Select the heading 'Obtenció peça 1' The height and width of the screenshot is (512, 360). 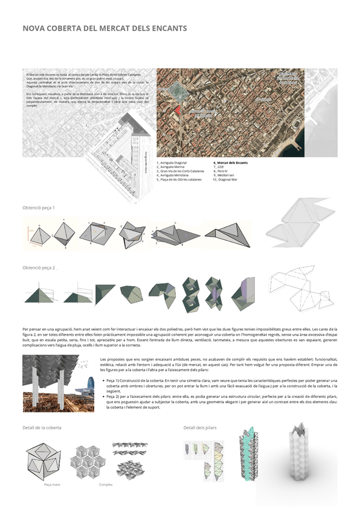pyautogui.click(x=39, y=208)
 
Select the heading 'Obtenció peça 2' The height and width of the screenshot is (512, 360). pyautogui.click(x=39, y=267)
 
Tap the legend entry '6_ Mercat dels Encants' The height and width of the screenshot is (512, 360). pyautogui.click(x=230, y=163)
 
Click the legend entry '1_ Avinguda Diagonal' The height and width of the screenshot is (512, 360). pyautogui.click(x=172, y=163)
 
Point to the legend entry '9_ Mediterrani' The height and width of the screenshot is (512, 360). pyautogui.click(x=225, y=176)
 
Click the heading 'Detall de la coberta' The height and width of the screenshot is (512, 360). pyautogui.click(x=42, y=427)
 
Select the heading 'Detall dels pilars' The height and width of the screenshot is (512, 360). pyautogui.click(x=200, y=427)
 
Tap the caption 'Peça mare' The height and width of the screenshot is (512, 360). pyautogui.click(x=52, y=484)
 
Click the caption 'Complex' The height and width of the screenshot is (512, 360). pyautogui.click(x=106, y=484)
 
